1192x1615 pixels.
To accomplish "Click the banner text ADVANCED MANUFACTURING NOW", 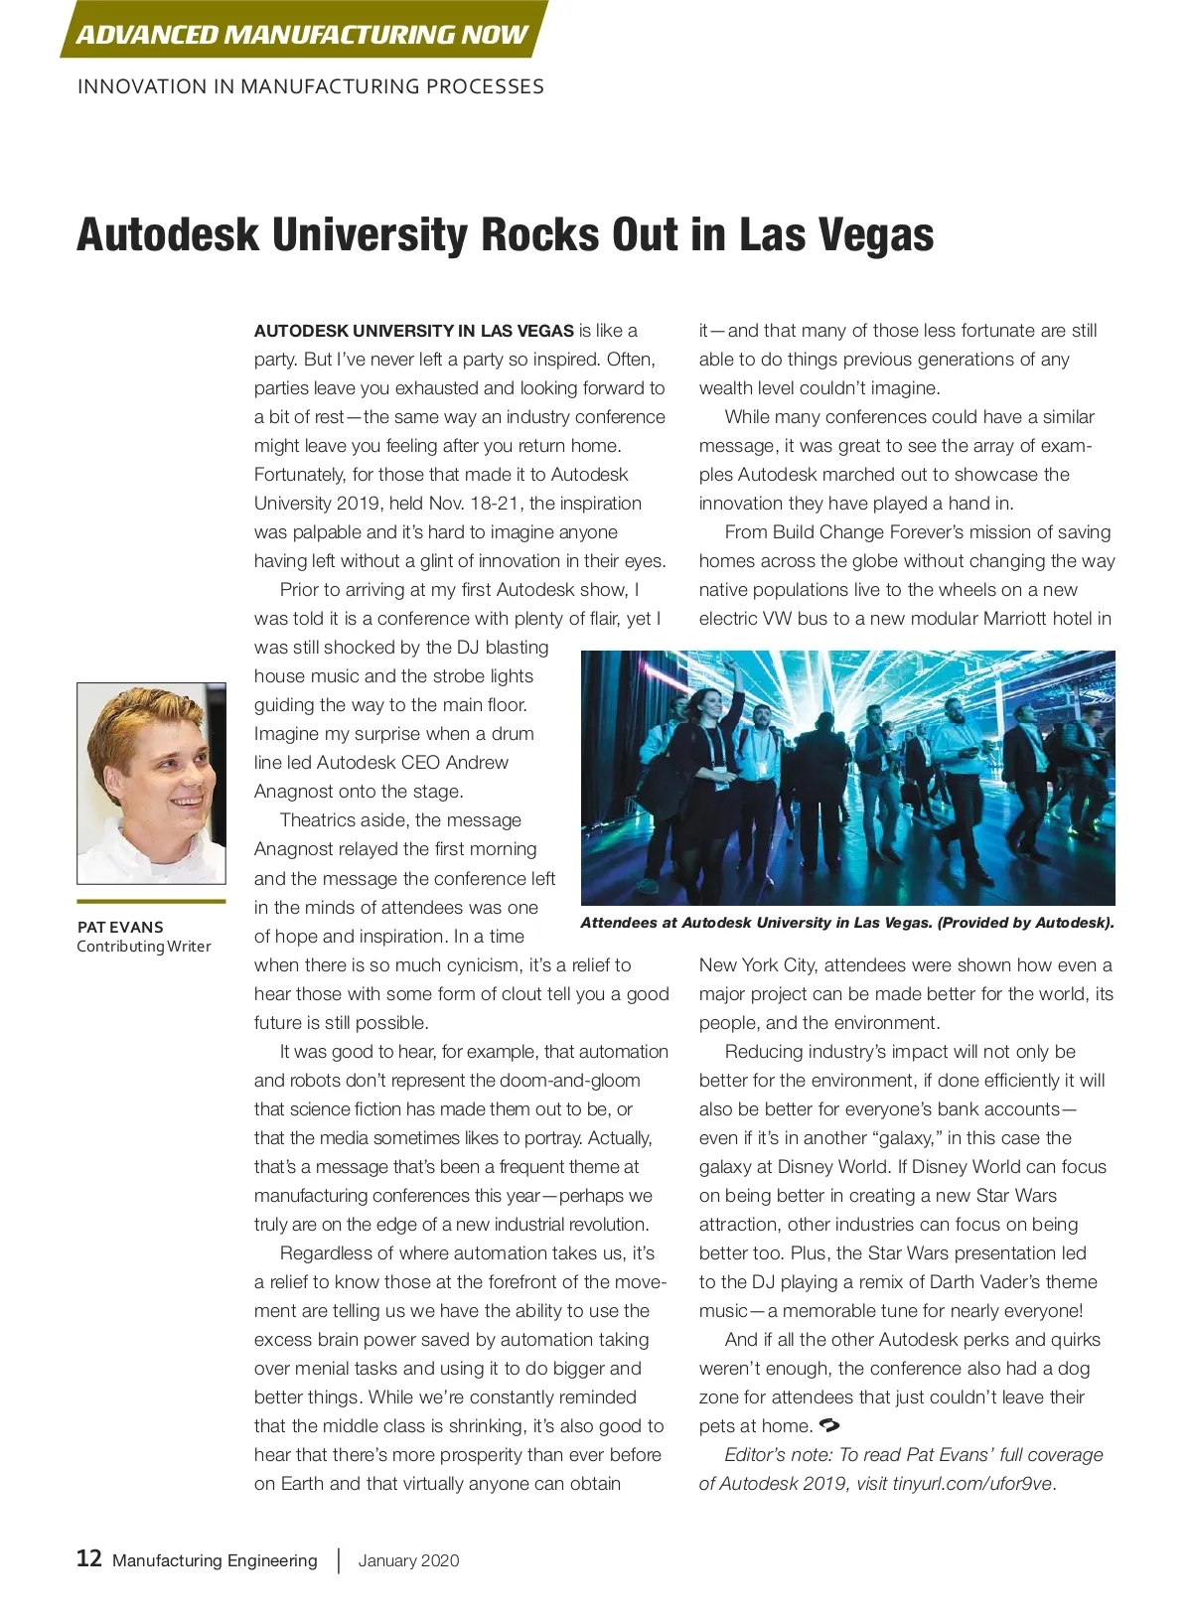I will click(301, 35).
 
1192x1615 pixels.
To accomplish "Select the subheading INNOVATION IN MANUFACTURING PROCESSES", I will click(310, 86).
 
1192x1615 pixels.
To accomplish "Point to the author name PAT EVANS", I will click(120, 927).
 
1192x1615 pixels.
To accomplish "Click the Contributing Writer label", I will click(144, 947).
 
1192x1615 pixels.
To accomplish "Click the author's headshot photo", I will click(151, 783).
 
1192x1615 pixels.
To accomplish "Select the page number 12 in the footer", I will click(89, 1558).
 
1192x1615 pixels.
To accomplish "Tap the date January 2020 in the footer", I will click(408, 1560).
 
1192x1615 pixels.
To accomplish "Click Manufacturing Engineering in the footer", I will click(215, 1560).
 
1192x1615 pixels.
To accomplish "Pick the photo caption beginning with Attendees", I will click(846, 923).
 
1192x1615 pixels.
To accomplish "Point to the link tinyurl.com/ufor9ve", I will click(971, 1484).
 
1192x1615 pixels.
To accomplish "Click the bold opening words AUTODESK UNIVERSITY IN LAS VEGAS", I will click(413, 331).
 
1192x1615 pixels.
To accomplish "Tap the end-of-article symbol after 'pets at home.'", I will click(829, 1426).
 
